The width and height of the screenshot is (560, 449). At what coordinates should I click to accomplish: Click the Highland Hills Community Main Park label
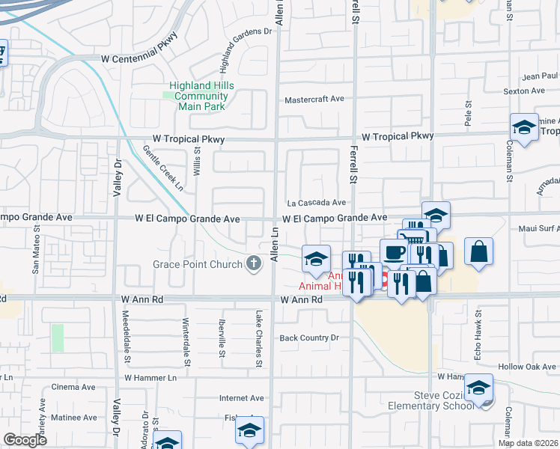(x=201, y=96)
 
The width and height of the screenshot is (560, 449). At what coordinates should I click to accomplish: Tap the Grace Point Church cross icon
(x=255, y=263)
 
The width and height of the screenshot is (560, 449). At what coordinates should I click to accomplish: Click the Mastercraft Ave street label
(x=314, y=99)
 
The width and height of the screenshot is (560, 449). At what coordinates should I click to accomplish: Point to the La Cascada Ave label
(x=317, y=202)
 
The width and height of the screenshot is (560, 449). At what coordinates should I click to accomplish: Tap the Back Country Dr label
(x=309, y=338)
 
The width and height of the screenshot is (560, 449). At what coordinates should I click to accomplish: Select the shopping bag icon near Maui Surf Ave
(x=478, y=251)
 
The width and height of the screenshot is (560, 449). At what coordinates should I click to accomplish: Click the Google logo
(x=25, y=440)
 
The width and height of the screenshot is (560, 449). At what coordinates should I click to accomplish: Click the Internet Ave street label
(x=242, y=398)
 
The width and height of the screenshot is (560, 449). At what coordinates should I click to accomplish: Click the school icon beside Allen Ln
(x=316, y=259)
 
